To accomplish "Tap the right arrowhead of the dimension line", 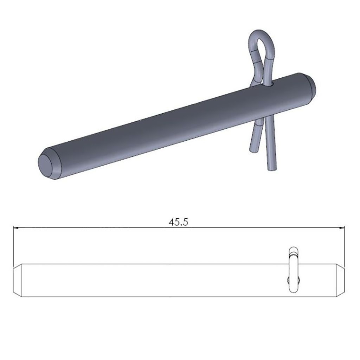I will [x=342, y=228].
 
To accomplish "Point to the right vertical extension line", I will [x=344, y=246].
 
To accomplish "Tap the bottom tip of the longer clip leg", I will [x=272, y=168].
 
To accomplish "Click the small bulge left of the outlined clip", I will [x=288, y=280].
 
